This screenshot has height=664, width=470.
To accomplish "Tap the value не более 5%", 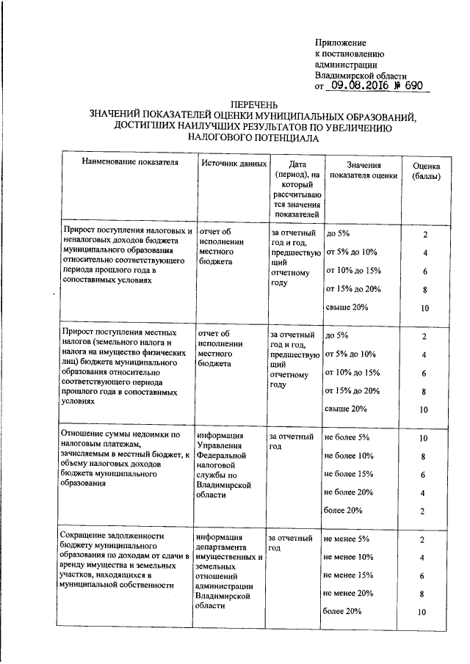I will (347, 438).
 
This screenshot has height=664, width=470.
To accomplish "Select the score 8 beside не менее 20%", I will (423, 594).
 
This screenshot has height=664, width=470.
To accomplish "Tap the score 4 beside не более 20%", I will (423, 492).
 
